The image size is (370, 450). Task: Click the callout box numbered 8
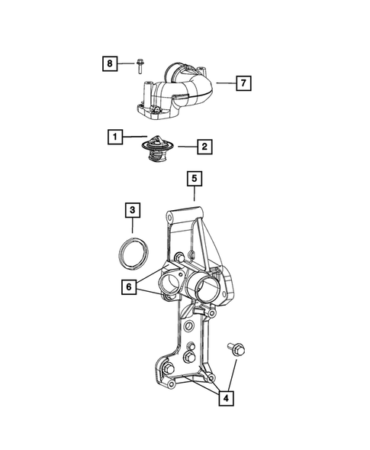tap(110, 63)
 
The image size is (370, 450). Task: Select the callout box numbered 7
tap(242, 82)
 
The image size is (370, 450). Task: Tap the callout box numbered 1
tap(114, 138)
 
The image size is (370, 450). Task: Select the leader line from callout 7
tap(224, 82)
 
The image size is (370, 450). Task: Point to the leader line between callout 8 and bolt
tap(128, 63)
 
